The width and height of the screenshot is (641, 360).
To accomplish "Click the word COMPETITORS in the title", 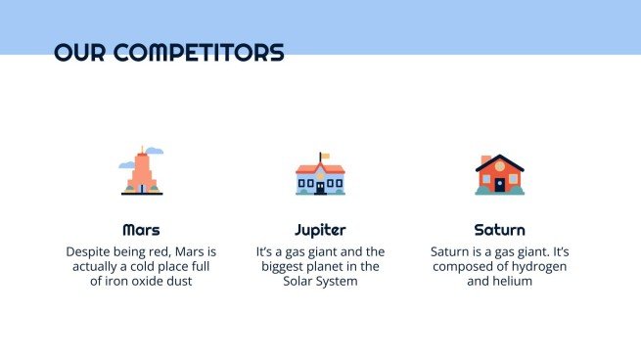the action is pyautogui.click(x=199, y=52).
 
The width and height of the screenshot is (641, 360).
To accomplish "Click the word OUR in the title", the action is pyautogui.click(x=79, y=52).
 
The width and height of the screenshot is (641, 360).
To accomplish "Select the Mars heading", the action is pyautogui.click(x=141, y=230).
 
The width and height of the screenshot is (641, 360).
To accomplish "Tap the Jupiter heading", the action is pyautogui.click(x=320, y=231).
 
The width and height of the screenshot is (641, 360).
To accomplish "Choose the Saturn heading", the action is pyautogui.click(x=499, y=230).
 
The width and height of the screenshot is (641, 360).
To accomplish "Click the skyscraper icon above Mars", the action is pyautogui.click(x=142, y=170).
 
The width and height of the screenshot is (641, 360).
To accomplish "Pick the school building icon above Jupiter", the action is pyautogui.click(x=320, y=174).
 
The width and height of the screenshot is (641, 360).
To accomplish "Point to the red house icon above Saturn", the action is pyautogui.click(x=499, y=174).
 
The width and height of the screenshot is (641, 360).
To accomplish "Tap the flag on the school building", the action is pyautogui.click(x=325, y=156).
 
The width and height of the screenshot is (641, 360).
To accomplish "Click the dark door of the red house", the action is pyautogui.click(x=499, y=185).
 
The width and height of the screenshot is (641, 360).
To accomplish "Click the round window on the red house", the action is pyautogui.click(x=499, y=166).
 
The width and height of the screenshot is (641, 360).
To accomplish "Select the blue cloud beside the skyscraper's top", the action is pyautogui.click(x=155, y=151).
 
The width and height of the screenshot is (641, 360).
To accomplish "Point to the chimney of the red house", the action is pyautogui.click(x=485, y=159).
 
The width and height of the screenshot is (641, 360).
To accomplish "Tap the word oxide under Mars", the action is pyautogui.click(x=149, y=281).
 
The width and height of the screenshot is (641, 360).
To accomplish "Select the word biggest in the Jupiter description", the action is pyautogui.click(x=283, y=267).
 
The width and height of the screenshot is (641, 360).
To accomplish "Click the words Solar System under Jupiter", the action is pyautogui.click(x=320, y=282).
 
